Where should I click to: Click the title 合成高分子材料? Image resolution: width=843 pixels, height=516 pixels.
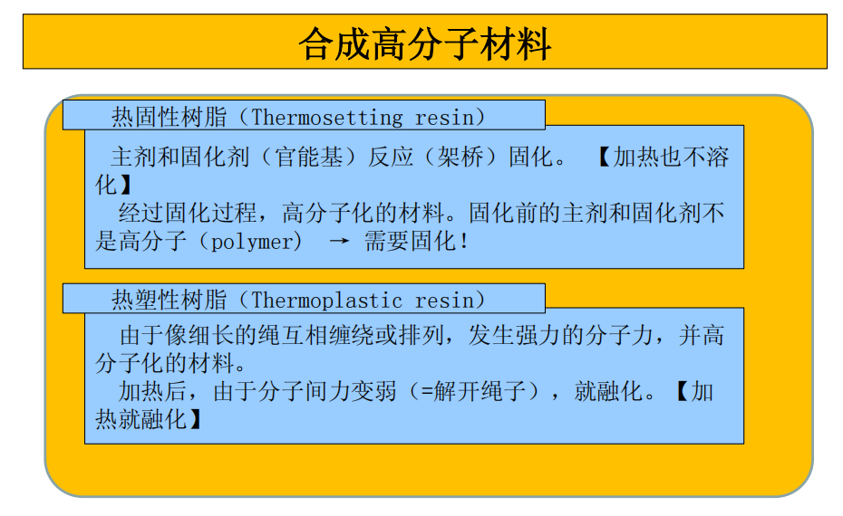[x=425, y=43]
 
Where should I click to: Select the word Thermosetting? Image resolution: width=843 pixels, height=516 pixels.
[x=327, y=118]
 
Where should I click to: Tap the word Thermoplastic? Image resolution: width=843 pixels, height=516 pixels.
[x=327, y=301]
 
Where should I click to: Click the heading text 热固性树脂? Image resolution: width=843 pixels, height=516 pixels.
[x=169, y=117]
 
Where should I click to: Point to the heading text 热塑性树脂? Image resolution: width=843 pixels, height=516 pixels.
[x=169, y=300]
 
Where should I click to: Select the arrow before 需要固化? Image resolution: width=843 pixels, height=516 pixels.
[x=339, y=241]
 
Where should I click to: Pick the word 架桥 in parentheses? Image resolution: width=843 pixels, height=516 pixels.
[x=460, y=157]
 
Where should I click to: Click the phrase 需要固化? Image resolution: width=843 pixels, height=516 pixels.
[x=410, y=241]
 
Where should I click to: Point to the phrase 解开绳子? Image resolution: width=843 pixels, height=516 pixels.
[x=480, y=391]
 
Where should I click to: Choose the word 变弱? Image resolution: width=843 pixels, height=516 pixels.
[x=373, y=391]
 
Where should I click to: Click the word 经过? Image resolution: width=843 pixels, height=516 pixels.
[x=141, y=213]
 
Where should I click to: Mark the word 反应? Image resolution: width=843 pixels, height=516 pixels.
[x=391, y=157]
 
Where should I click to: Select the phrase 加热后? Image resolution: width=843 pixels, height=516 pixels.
[x=152, y=391]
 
